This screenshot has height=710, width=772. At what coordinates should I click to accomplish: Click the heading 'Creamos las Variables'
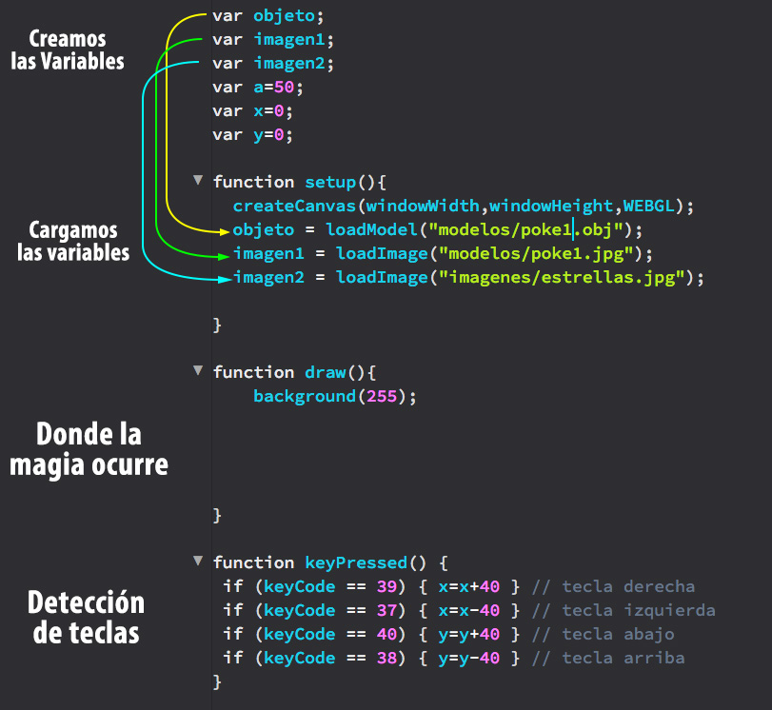tap(68, 49)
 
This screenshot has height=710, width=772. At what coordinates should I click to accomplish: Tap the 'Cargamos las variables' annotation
tap(73, 241)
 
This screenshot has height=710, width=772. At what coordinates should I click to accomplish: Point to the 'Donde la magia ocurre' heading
tap(89, 449)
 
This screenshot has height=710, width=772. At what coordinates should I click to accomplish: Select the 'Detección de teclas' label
tap(87, 618)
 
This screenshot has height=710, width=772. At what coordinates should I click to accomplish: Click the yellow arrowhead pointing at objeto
tap(225, 231)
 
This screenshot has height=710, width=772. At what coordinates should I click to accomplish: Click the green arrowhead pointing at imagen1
tap(224, 255)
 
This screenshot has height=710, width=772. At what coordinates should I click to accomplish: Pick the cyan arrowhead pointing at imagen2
tap(226, 279)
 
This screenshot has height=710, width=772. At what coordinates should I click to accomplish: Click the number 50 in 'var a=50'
tap(284, 88)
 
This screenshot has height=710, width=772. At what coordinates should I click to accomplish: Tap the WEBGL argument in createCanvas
tap(648, 206)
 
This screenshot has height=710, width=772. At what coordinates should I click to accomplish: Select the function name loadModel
tap(372, 229)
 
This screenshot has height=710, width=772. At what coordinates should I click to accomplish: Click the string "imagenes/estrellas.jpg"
tap(562, 277)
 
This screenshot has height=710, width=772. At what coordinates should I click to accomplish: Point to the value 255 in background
tap(382, 396)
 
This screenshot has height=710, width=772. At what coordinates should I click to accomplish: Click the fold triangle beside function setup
tap(198, 180)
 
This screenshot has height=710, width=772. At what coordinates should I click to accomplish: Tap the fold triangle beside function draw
tap(198, 370)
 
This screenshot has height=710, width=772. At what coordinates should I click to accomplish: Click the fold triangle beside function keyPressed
tap(198, 561)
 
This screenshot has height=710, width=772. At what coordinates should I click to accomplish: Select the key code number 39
tap(387, 586)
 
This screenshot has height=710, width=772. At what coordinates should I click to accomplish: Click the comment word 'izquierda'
tap(669, 610)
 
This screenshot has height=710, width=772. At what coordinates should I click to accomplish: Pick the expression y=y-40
tap(468, 659)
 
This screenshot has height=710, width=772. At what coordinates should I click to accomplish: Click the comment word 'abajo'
tap(649, 635)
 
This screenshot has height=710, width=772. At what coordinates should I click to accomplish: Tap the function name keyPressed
tap(356, 562)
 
